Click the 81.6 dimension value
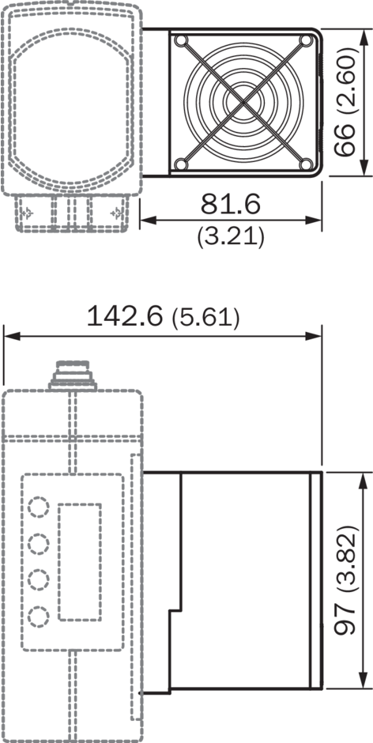coord(230,204)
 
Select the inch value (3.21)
coord(231,236)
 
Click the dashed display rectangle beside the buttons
coord(79,561)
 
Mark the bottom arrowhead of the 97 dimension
coord(363,684)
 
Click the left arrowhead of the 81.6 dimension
coord(147,221)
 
